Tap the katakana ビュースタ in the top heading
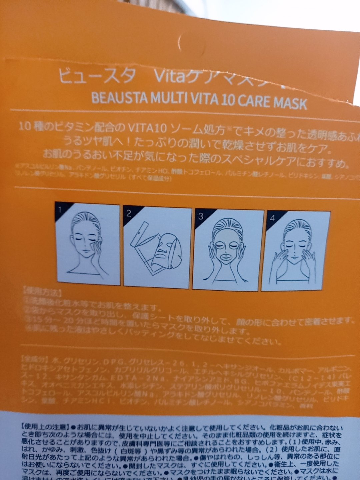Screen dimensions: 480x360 coord(97,76)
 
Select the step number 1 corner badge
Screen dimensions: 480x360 coord(60,210)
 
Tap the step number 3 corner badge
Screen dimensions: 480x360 coord(200,216)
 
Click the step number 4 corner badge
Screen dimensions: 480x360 coord(272,218)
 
